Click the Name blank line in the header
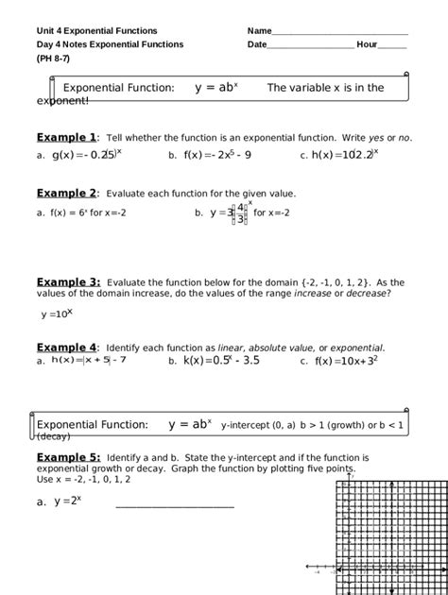[340, 33]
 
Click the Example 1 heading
[66, 137]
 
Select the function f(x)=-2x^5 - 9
[217, 155]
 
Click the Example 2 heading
[66, 193]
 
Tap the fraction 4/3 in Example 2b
[241, 213]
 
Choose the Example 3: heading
[68, 281]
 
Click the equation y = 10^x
[57, 314]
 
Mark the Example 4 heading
[66, 347]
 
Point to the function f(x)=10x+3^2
[346, 361]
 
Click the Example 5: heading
[68, 457]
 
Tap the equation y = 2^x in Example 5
[66, 501]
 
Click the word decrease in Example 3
[368, 294]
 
